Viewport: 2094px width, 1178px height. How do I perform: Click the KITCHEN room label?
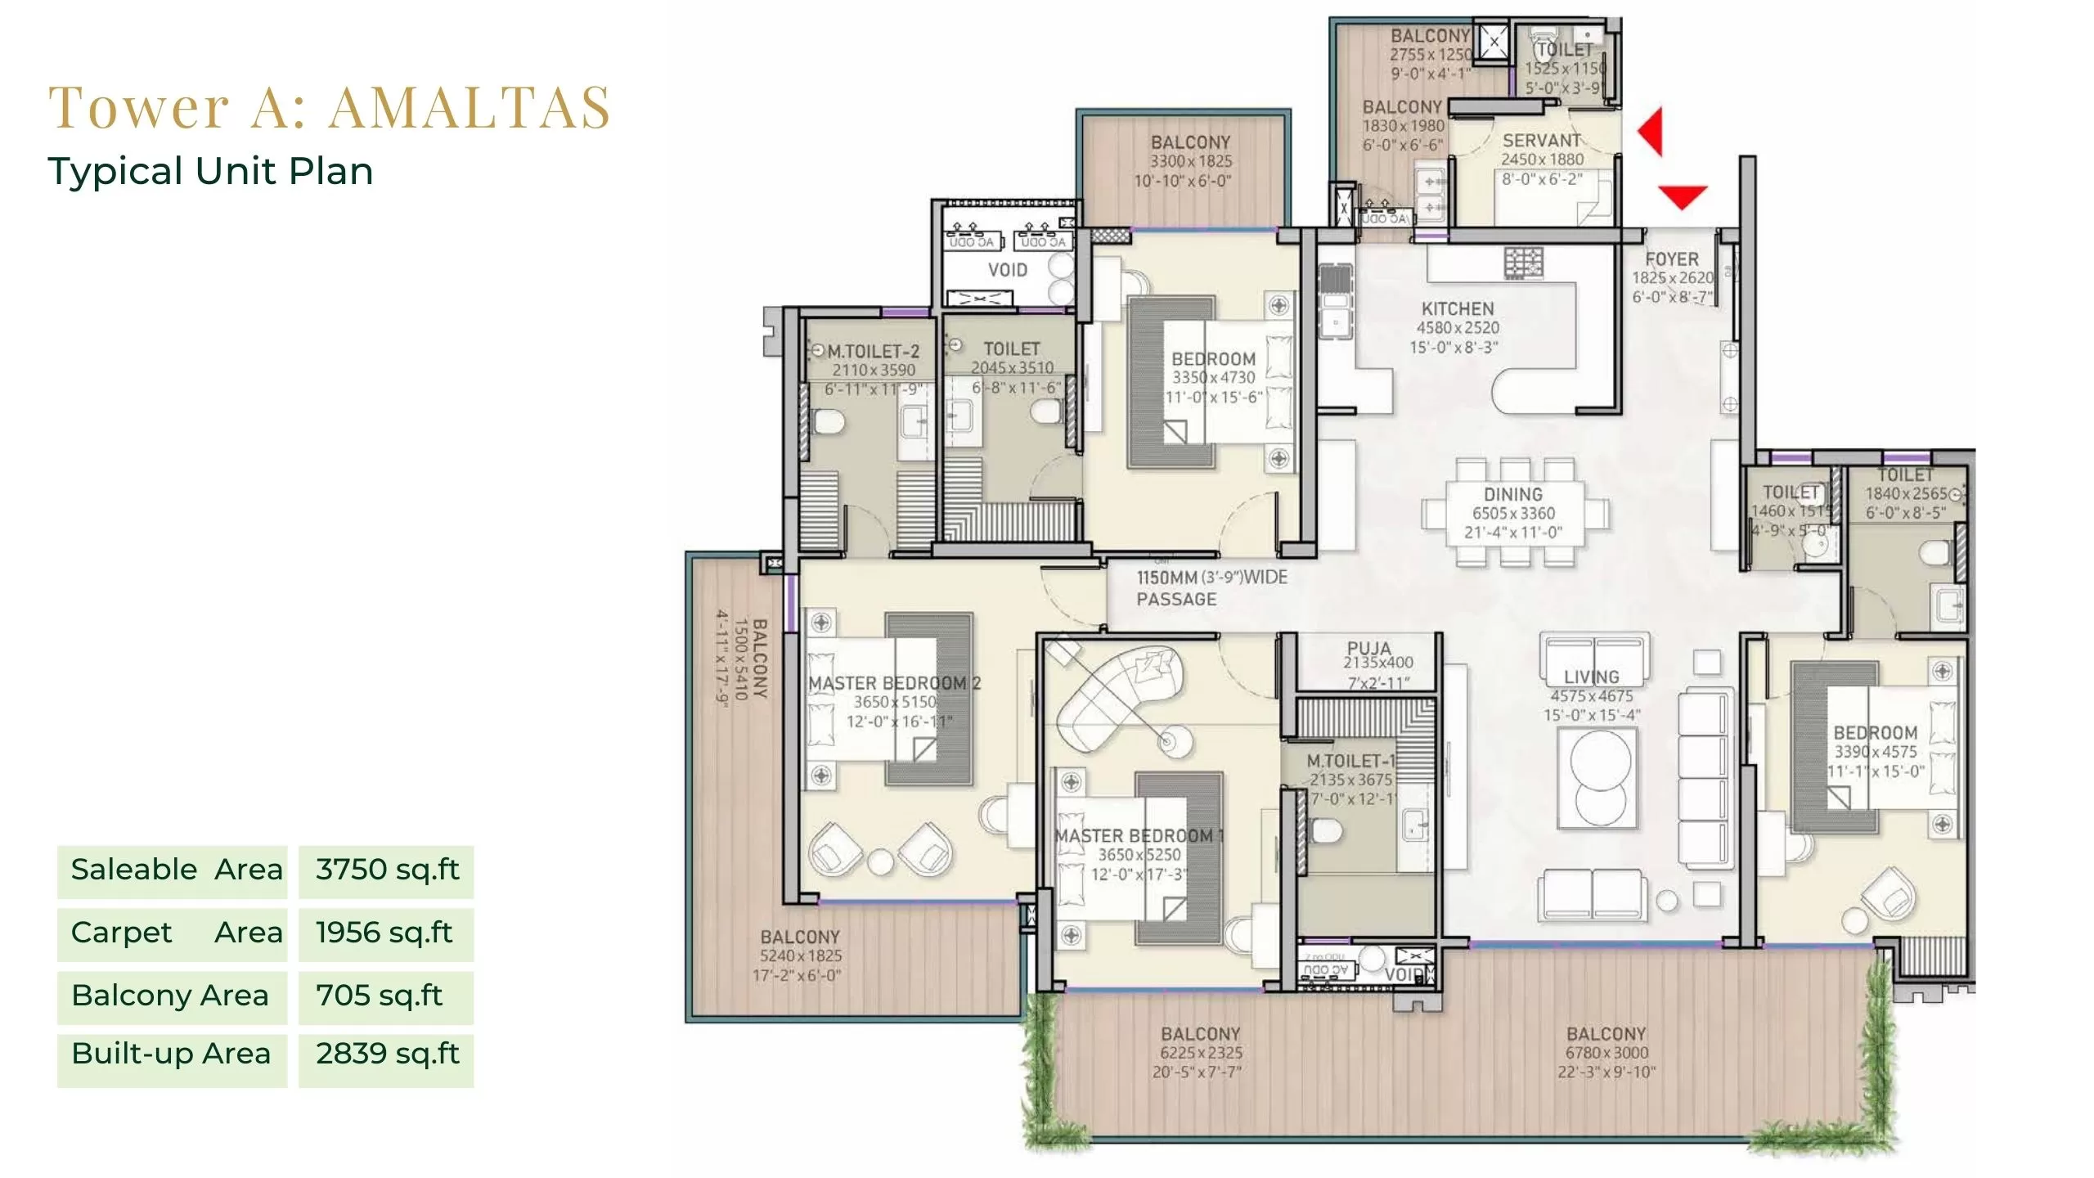tap(1457, 309)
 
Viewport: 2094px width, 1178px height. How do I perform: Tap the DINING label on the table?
tap(1512, 494)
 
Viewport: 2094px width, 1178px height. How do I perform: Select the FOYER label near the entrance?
tap(1671, 259)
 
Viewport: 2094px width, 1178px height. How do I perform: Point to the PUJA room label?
tap(1368, 648)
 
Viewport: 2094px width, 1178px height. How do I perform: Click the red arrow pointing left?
tap(1651, 131)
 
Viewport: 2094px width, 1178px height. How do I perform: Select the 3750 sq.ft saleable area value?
tap(387, 870)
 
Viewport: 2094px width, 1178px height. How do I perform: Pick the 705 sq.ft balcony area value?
tap(379, 996)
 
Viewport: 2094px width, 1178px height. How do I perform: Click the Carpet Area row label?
tap(176, 933)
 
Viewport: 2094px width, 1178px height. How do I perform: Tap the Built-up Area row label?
tap(171, 1054)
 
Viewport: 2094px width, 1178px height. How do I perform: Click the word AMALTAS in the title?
tap(470, 107)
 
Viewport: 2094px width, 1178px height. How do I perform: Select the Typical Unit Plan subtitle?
tap(210, 171)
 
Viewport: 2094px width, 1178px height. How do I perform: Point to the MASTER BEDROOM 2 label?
tap(894, 683)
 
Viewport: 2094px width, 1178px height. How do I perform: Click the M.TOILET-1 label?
tap(1350, 761)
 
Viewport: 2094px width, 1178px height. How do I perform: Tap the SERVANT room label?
tap(1541, 140)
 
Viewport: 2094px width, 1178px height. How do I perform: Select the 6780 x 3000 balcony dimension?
tap(1606, 1053)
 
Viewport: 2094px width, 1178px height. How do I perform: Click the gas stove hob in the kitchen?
tap(1523, 263)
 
